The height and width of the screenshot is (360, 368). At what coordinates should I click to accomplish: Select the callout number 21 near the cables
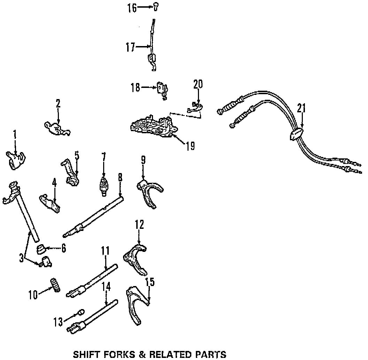point(301,108)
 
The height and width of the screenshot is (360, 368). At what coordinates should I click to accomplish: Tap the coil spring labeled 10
point(56,284)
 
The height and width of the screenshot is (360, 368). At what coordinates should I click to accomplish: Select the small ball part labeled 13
point(80,312)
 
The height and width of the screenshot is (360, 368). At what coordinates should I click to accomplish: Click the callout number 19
point(190,145)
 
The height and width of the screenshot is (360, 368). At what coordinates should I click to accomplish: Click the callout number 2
point(58,103)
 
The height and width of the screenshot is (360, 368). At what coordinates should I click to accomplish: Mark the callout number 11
point(106,250)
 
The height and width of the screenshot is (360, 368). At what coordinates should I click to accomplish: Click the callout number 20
point(198,84)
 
